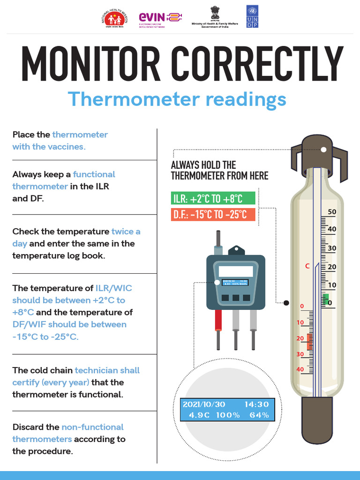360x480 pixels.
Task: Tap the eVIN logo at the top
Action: pos(160,18)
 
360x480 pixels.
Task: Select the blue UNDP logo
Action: pos(252,16)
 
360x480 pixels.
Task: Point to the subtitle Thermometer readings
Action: pos(177,99)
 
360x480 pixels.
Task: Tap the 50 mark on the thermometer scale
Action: pos(332,212)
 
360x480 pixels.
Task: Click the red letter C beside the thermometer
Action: pos(307,266)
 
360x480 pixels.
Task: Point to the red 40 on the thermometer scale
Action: pos(300,369)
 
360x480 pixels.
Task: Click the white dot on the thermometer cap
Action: pos(323,150)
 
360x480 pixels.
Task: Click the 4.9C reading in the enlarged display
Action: pos(200,415)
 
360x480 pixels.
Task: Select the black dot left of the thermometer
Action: pos(286,303)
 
